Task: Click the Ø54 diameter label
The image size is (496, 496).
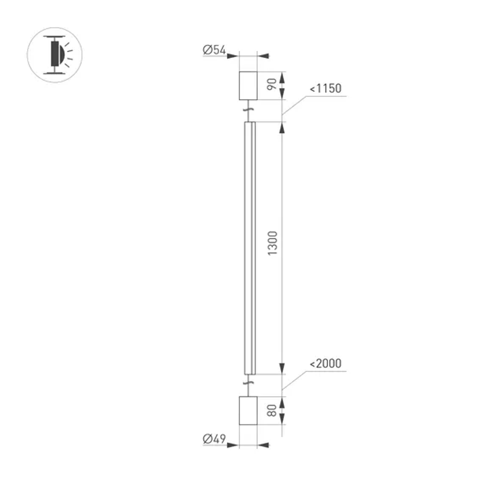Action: coord(214,50)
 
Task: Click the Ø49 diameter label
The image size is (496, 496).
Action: coord(214,438)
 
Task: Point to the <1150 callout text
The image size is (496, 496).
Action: coord(326,89)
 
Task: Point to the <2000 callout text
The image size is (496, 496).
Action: coord(326,364)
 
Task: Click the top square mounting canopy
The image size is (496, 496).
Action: coord(248,85)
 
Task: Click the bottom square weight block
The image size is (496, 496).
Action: coord(248,411)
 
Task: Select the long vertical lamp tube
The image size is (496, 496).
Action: coord(249,248)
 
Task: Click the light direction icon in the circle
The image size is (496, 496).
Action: coord(55,55)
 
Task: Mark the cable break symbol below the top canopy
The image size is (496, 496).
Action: coord(248,110)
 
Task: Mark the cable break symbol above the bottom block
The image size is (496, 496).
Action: coord(248,383)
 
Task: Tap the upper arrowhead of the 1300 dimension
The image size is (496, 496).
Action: coord(282,128)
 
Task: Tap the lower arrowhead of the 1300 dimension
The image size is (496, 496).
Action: coord(282,368)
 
